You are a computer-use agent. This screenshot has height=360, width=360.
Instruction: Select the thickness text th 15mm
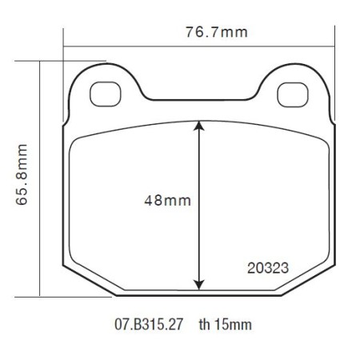(x=225, y=326)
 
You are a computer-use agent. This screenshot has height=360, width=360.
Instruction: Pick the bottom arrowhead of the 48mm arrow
(x=198, y=284)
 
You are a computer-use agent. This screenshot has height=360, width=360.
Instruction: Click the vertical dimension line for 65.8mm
(x=40, y=178)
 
